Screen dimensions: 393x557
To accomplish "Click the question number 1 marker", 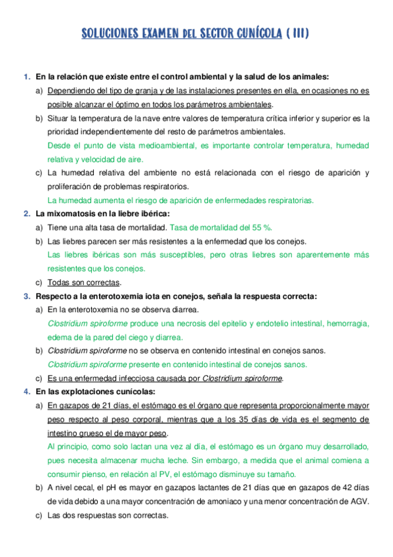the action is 26,77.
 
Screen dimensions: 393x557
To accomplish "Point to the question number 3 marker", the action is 26,296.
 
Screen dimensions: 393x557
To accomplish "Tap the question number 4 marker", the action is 26,392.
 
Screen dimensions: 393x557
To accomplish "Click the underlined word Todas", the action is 59,282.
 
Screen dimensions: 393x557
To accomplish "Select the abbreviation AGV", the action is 359,501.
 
